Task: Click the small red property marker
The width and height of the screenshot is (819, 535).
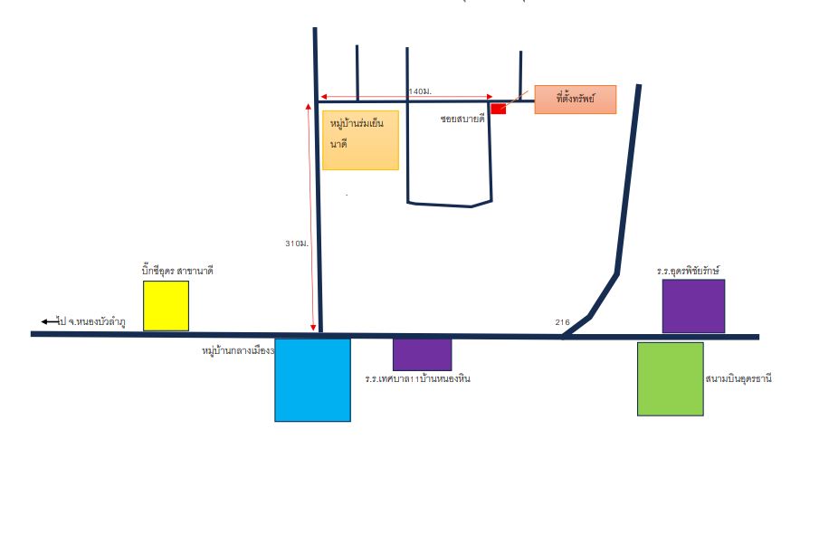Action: pos(499,109)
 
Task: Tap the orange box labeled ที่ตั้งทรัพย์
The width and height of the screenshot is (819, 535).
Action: pos(575,100)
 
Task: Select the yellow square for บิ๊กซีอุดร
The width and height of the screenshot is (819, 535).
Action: pos(167,306)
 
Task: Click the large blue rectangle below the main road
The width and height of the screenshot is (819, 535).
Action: pos(312,380)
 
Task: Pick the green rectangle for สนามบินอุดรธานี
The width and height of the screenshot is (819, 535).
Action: pos(671,378)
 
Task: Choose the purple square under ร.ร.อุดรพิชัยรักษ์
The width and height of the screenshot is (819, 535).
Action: pos(693,306)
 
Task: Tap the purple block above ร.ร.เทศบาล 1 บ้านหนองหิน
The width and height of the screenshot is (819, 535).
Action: pos(422,355)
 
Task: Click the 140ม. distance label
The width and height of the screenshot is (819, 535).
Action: pos(420,91)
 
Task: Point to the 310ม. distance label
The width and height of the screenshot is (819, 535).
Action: pos(297,244)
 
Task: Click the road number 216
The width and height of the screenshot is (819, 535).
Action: pos(563,322)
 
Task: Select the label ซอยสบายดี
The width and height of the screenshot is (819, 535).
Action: pos(462,119)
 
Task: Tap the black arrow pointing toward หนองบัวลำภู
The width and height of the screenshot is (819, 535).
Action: pos(50,321)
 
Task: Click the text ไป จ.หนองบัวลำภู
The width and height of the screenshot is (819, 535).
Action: pos(92,322)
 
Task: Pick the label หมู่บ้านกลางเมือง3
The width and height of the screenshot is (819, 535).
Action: pos(238,350)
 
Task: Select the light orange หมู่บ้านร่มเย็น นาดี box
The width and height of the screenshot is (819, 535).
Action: pos(360,140)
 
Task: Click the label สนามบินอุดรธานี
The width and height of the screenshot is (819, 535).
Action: pos(738,378)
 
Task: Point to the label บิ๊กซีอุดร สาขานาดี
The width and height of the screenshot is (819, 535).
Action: pos(177,271)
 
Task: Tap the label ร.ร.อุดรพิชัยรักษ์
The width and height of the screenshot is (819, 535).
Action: pos(689,271)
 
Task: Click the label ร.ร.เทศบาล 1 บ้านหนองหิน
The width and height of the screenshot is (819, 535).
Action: pos(418,378)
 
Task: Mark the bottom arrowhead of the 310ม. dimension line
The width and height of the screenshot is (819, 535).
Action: pos(313,328)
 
